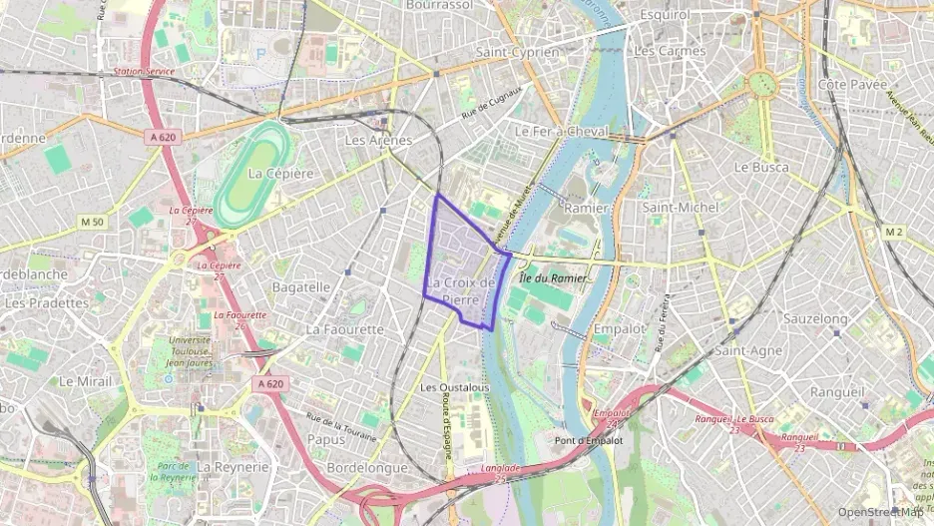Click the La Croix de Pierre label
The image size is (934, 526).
[460, 290]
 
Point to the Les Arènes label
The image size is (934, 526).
[378, 141]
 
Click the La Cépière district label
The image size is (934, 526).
[280, 173]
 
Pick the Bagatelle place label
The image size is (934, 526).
[300, 286]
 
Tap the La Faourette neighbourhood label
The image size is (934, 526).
[344, 328]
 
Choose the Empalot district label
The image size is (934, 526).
[620, 327]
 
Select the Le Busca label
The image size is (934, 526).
[760, 168]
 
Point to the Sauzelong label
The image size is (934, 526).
[816, 318]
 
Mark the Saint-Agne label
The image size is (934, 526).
[747, 350]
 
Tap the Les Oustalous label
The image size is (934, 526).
[454, 387]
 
